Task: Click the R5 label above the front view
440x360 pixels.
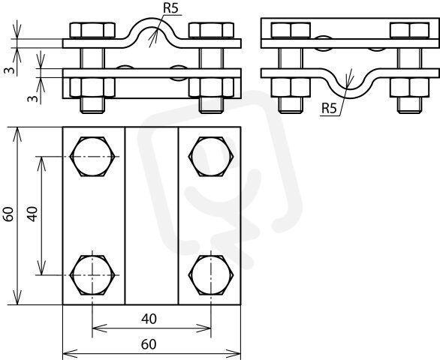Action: tap(171, 8)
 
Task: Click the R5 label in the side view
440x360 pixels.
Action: tap(329, 108)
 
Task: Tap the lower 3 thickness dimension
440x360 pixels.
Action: tap(33, 99)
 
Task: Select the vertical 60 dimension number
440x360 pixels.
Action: tap(9, 214)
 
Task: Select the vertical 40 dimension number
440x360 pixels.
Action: tap(33, 214)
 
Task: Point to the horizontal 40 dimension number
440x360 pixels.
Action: tap(149, 319)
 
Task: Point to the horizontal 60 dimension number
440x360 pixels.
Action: tap(149, 344)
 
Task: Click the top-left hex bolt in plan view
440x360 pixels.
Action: tap(92, 157)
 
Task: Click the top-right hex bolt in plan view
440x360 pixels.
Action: tap(211, 157)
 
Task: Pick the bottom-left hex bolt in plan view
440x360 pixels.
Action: tap(92, 275)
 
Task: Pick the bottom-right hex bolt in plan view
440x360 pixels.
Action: tap(211, 275)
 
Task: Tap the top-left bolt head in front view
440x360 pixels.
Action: tap(92, 31)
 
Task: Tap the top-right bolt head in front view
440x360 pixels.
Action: tap(211, 31)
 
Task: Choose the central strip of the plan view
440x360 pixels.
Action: tap(152, 216)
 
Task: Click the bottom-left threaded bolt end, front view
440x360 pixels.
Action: tap(92, 105)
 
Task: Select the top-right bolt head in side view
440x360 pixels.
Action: tap(409, 31)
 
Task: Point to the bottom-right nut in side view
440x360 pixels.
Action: tap(409, 88)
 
